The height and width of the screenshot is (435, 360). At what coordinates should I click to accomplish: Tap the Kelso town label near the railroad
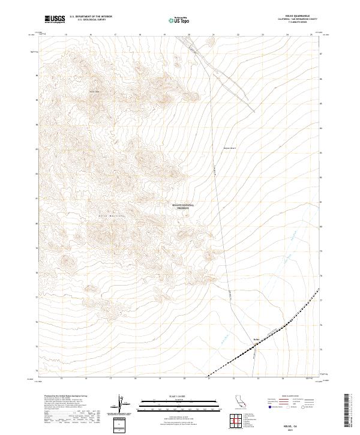click(x=256, y=339)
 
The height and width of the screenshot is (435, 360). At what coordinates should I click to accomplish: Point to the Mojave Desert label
click(x=231, y=148)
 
